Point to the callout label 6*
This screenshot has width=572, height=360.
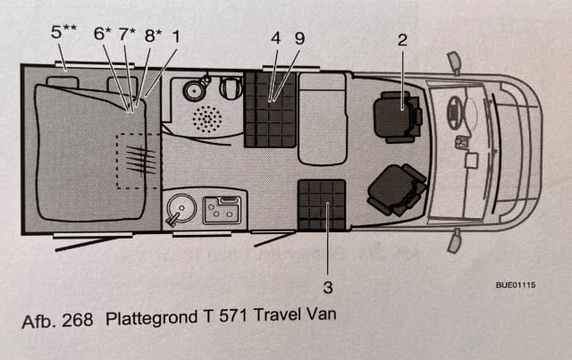point(103,35)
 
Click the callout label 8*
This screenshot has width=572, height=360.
point(153,35)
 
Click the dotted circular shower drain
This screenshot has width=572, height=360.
point(208,120)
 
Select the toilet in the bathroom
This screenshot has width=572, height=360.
point(230,88)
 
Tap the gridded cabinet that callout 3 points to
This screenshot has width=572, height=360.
point(322,204)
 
